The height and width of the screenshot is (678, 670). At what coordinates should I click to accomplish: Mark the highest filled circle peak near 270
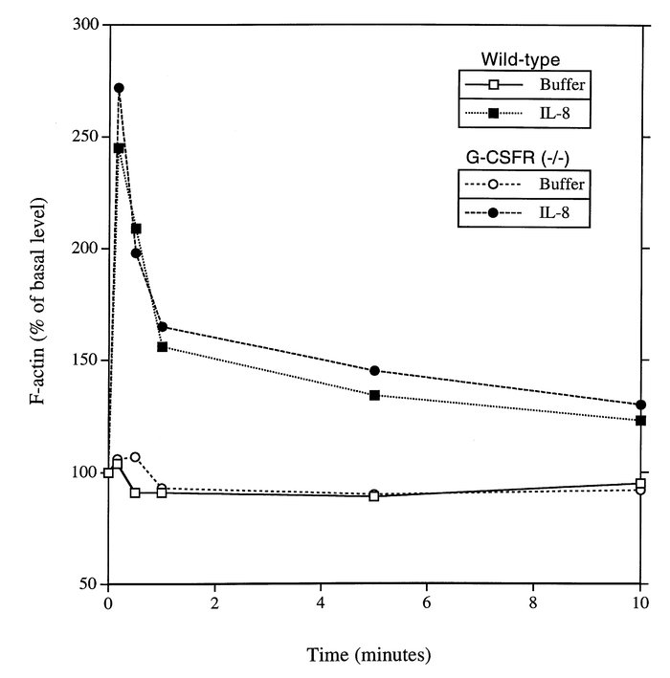click(x=119, y=88)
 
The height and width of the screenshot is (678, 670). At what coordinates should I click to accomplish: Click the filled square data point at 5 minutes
click(x=374, y=395)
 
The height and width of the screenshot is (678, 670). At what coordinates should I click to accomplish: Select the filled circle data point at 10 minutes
click(x=640, y=405)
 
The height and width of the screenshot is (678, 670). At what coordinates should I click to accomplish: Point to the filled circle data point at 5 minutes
click(x=374, y=370)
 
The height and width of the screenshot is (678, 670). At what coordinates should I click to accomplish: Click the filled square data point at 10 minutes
click(x=640, y=420)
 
